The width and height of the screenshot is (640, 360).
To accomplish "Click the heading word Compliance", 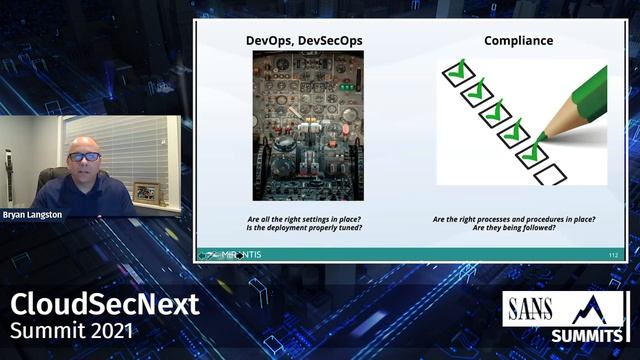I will (518, 41).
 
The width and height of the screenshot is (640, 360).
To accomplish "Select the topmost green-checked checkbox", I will (456, 71).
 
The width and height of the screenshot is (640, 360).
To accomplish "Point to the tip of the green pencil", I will (541, 136).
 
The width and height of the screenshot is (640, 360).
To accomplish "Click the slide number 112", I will (613, 256).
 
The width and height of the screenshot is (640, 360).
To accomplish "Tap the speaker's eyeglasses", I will (84, 156).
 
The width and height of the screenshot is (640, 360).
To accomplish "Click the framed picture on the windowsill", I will (146, 192).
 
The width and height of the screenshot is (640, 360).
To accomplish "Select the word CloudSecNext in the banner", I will (105, 304).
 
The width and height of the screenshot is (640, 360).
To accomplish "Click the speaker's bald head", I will (84, 143).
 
